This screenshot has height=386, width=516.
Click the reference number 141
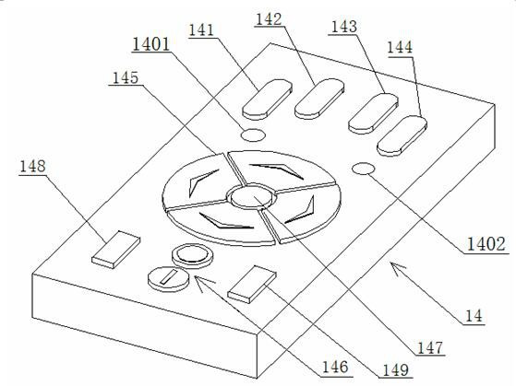pos(201,30)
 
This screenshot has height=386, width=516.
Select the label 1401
pos(151,44)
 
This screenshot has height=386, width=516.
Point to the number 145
pos(126,78)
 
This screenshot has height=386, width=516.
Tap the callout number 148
pos(32,166)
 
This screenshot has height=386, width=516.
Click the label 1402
pos(486,244)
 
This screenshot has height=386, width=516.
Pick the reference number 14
pos(474,316)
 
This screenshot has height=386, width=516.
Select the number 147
pos(430,347)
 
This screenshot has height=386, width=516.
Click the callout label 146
pos(335,367)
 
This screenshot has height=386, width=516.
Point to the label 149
pos(396,370)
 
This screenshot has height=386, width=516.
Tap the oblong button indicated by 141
pos(267,99)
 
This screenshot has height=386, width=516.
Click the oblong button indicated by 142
pos(319,99)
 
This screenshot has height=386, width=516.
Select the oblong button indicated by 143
pos(373,113)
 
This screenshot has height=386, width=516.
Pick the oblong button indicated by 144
pos(402,136)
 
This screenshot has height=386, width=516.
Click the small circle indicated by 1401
pos(253,135)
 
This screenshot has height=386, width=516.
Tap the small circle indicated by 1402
pos(364,169)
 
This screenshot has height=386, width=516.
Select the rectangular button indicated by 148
pos(115,250)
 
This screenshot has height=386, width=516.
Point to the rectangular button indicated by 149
pos(252,284)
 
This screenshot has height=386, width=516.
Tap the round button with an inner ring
pos(193,256)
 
